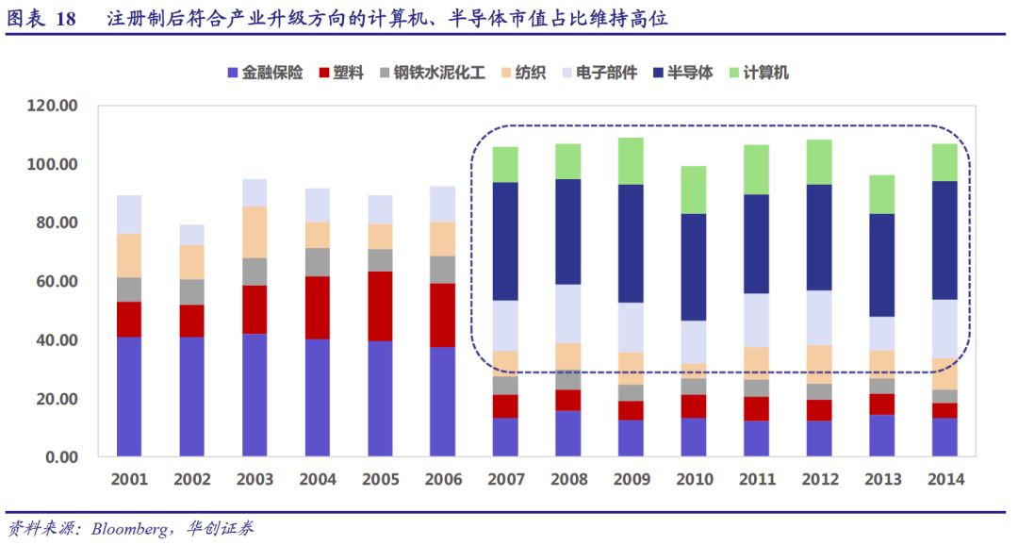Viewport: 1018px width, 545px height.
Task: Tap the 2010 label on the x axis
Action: click(x=695, y=480)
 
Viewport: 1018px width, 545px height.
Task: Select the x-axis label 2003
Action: click(x=254, y=480)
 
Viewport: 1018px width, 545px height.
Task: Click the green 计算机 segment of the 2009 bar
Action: click(x=632, y=161)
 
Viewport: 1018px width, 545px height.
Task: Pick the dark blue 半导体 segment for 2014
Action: click(x=946, y=240)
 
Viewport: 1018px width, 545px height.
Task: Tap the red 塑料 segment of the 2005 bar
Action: click(x=381, y=306)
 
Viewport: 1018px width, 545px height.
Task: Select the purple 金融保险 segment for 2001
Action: click(x=129, y=396)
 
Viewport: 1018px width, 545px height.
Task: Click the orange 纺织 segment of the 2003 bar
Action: click(x=254, y=232)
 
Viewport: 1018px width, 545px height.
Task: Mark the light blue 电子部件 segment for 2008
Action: click(x=569, y=314)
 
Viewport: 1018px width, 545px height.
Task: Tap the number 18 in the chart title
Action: click(x=66, y=19)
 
